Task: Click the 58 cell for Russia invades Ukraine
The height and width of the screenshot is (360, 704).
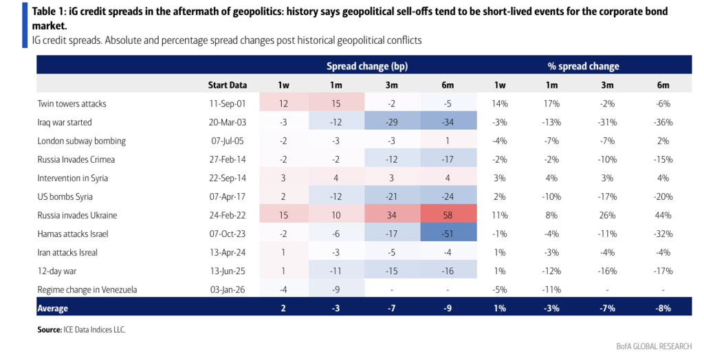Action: pos(448,215)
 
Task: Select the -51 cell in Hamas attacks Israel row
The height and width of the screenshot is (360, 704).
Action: pos(448,234)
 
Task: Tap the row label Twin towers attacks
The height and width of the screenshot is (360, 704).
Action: pos(71,104)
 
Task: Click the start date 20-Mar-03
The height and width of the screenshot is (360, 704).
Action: pos(228,122)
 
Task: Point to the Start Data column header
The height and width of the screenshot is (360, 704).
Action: pos(228,85)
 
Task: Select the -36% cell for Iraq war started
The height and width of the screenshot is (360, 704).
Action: pos(663,122)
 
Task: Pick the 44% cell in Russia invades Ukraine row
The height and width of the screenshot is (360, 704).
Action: pos(663,215)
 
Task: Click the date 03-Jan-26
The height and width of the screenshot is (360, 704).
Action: pos(228,289)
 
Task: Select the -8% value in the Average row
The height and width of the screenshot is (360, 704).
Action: pos(663,308)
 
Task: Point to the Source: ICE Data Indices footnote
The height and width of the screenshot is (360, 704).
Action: pos(81,330)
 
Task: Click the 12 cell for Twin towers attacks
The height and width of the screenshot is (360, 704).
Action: pos(284,104)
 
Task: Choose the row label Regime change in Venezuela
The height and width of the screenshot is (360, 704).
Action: pos(87,289)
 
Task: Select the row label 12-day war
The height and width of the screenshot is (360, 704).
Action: pos(58,271)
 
